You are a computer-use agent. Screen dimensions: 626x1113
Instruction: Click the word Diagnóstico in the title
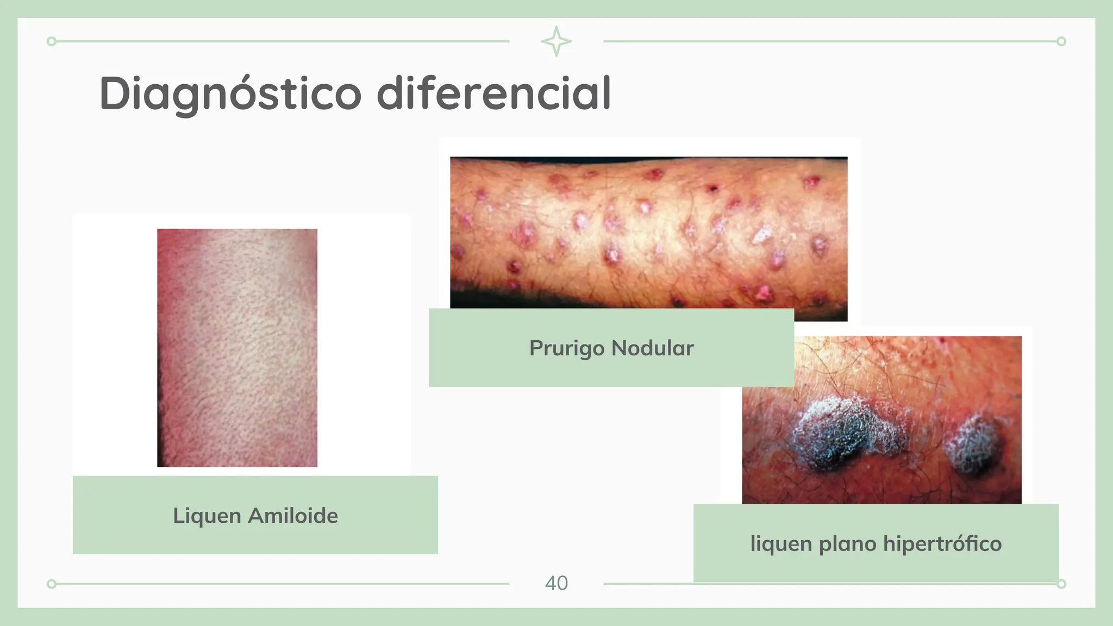[230, 94]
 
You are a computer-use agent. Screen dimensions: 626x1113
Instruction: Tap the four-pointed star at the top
[556, 41]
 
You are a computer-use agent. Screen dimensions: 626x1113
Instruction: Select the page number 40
[556, 583]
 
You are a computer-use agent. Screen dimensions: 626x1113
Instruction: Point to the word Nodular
[653, 348]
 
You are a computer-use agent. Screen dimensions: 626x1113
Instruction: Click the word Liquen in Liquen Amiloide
[207, 516]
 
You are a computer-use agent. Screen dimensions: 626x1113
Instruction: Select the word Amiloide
[293, 515]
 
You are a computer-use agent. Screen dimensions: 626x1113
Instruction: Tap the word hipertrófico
[942, 543]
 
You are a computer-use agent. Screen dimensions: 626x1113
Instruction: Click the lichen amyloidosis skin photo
[237, 347]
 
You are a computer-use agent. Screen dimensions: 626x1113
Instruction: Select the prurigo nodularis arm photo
[648, 234]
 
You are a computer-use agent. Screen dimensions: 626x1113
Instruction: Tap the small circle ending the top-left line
[52, 41]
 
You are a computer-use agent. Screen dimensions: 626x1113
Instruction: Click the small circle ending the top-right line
[1061, 41]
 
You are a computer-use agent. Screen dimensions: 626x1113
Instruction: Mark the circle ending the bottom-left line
[52, 584]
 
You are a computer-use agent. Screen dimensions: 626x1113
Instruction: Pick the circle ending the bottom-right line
[1061, 584]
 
